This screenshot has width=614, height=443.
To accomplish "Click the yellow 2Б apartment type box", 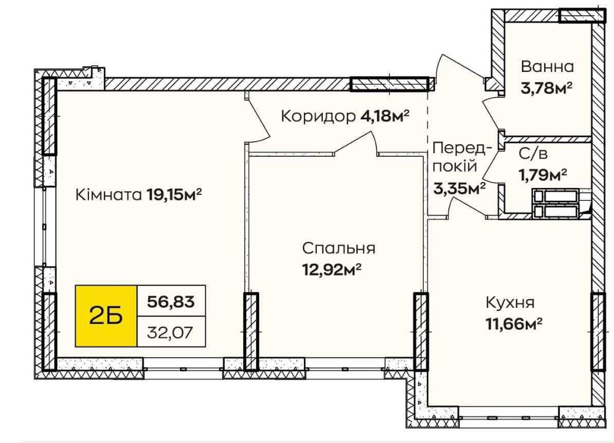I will coord(106,315).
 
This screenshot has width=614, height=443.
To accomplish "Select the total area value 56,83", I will coord(171,301).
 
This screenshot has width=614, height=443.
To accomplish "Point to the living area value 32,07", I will coord(171,332).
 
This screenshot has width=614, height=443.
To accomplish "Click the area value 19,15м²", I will coord(174,195).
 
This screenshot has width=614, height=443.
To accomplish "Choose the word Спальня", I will coord(338,248).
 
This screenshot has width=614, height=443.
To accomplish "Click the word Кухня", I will coord(510,302).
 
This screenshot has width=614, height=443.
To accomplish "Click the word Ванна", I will coord(547,67).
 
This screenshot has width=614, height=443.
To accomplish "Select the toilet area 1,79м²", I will coord(543,176).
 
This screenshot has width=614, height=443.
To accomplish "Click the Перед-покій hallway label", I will coord(462,157).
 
